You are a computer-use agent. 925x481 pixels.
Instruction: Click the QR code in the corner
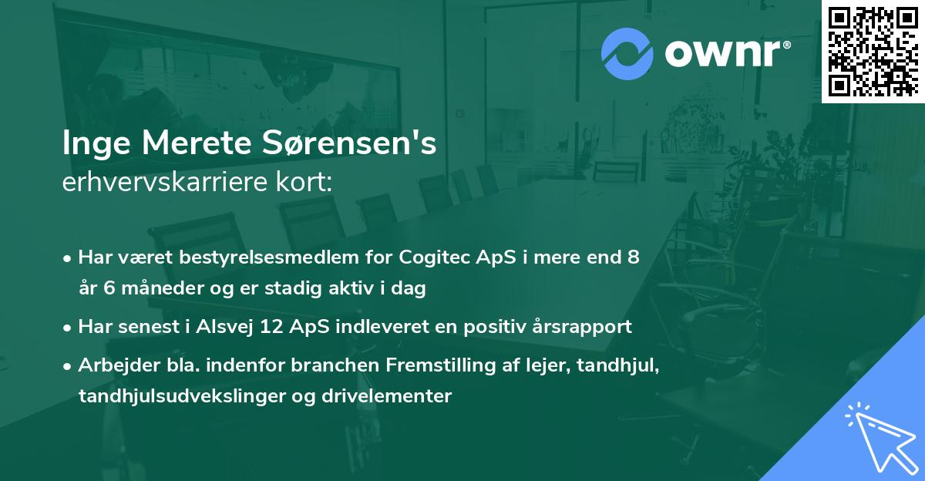[873, 51]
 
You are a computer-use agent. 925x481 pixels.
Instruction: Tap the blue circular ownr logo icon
[628, 53]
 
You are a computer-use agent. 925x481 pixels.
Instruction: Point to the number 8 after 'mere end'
[633, 257]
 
